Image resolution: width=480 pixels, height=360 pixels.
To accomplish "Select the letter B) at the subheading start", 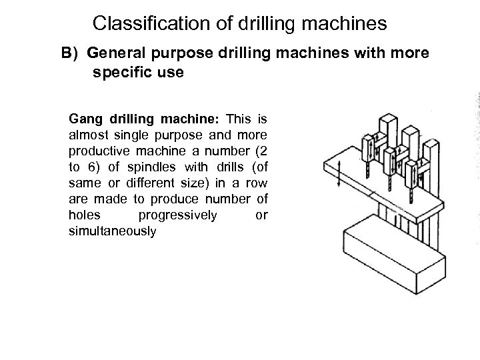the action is coord(71,53).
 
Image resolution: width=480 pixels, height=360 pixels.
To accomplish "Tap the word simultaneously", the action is coord(112,231).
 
